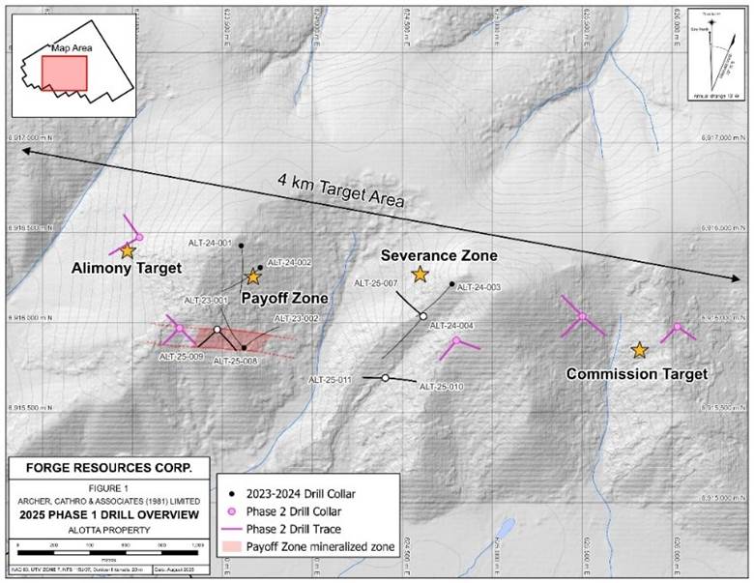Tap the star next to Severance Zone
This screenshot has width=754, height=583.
coord(420,275)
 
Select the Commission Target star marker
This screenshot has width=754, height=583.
coord(639,350)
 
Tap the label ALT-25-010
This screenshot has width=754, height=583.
coord(442,387)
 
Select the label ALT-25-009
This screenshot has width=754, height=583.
coord(181,356)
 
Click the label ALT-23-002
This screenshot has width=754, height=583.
coord(296,318)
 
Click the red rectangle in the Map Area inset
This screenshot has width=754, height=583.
coord(64,73)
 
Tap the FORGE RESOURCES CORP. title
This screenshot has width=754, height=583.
coord(106,468)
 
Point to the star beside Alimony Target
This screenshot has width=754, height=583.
coord(128,250)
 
